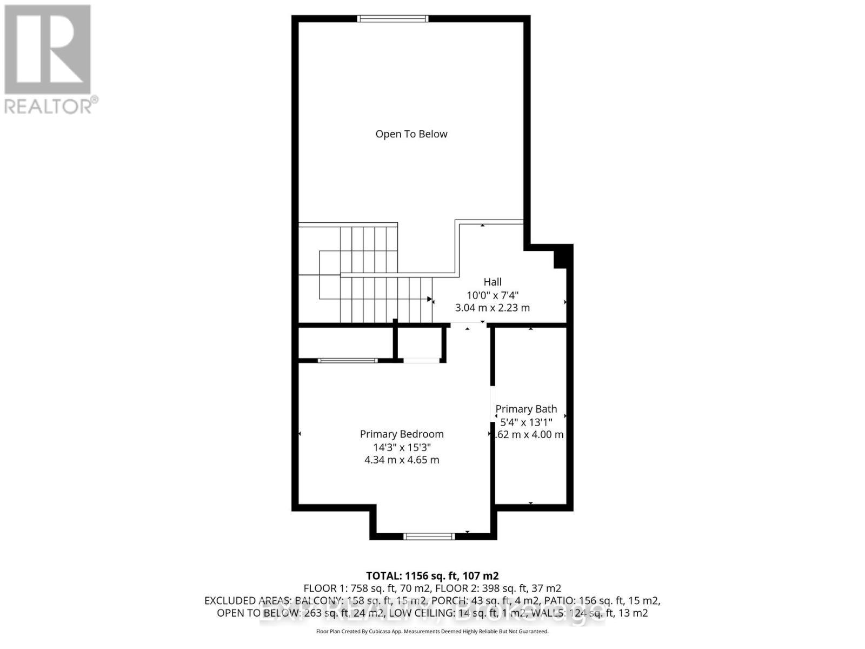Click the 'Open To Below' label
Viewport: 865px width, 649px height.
[x=411, y=134]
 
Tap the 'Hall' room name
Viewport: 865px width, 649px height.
[x=493, y=282]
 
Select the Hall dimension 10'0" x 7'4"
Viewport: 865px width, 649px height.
[x=493, y=295]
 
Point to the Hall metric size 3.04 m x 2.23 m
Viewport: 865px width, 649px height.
[x=493, y=308]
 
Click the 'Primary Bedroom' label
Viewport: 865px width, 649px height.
[x=402, y=434]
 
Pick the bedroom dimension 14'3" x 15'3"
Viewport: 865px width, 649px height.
[x=402, y=447]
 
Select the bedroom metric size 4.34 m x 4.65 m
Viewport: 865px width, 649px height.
[x=402, y=460]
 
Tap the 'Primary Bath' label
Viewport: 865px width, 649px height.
[x=526, y=409]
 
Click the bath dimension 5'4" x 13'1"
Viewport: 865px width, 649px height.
[x=526, y=422]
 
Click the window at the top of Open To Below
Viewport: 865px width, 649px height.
[x=393, y=19]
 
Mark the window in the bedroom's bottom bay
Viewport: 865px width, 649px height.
[x=430, y=537]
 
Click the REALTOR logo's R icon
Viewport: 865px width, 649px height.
[x=48, y=50]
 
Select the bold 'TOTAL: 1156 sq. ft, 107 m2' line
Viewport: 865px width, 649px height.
[x=432, y=576]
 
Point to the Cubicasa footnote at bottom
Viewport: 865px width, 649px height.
[x=432, y=631]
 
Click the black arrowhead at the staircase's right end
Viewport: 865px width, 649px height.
[x=430, y=299]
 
